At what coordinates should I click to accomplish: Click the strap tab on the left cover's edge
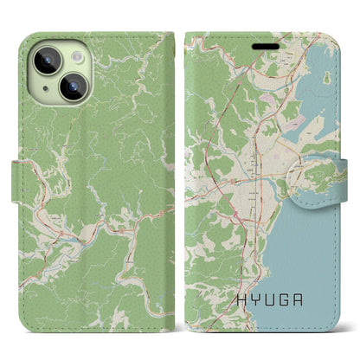click(x=21, y=180)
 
